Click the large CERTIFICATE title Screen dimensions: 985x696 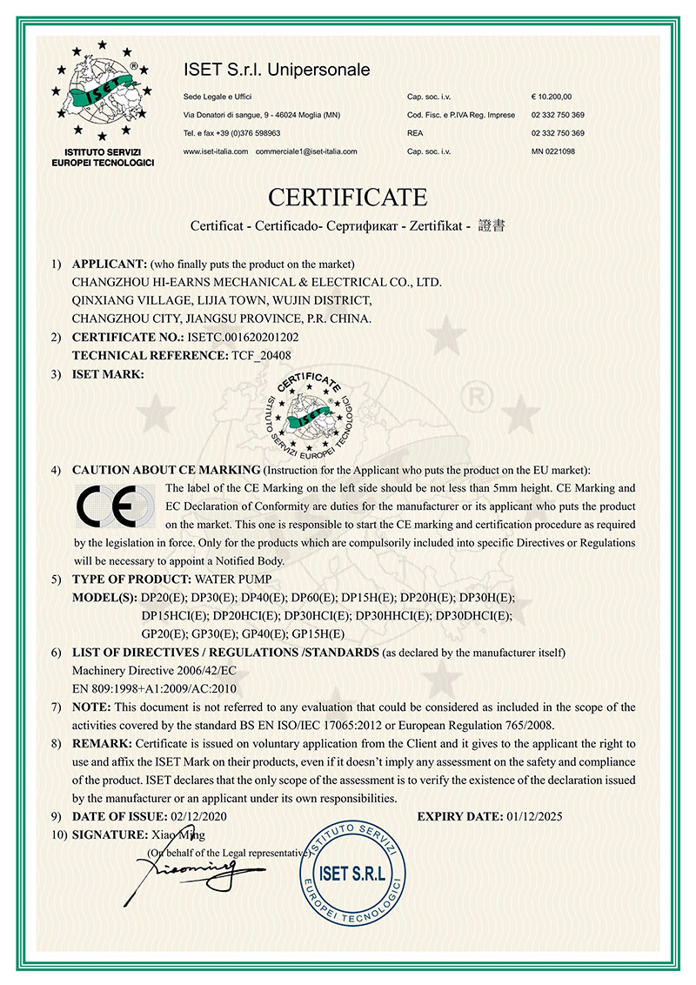[347, 196]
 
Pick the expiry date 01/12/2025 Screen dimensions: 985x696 [539, 816]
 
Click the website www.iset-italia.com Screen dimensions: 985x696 [216, 151]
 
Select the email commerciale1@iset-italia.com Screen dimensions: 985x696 [306, 151]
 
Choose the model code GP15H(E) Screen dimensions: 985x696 [319, 633]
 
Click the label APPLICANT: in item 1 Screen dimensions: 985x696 [110, 264]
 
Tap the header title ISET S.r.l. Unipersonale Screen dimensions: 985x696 [277, 69]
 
